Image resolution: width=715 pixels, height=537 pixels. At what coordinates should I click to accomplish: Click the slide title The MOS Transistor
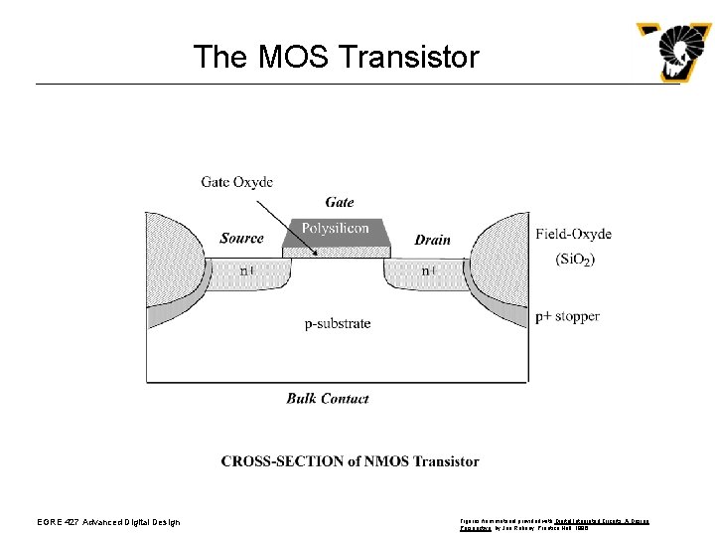coord(336,57)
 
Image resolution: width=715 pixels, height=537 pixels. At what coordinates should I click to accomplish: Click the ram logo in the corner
coord(674,52)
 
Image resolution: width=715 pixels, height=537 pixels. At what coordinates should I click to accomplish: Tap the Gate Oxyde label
coord(236,182)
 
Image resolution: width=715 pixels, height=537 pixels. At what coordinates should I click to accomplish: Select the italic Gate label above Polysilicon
coord(339,203)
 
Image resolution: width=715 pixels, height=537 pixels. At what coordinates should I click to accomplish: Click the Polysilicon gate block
coord(335,230)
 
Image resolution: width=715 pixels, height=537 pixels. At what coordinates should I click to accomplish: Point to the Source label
coord(241,239)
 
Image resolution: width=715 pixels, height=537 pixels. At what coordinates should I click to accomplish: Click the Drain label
coord(432,240)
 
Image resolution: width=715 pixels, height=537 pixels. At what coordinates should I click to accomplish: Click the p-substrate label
coord(337,323)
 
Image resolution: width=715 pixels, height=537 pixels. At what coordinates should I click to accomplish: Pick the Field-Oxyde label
coord(573,235)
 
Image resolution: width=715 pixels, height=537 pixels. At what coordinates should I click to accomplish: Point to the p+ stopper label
coord(567,316)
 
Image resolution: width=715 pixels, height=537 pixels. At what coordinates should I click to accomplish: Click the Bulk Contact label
coord(327,399)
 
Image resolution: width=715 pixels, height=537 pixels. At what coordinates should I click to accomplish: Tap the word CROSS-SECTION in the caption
coord(275,461)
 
